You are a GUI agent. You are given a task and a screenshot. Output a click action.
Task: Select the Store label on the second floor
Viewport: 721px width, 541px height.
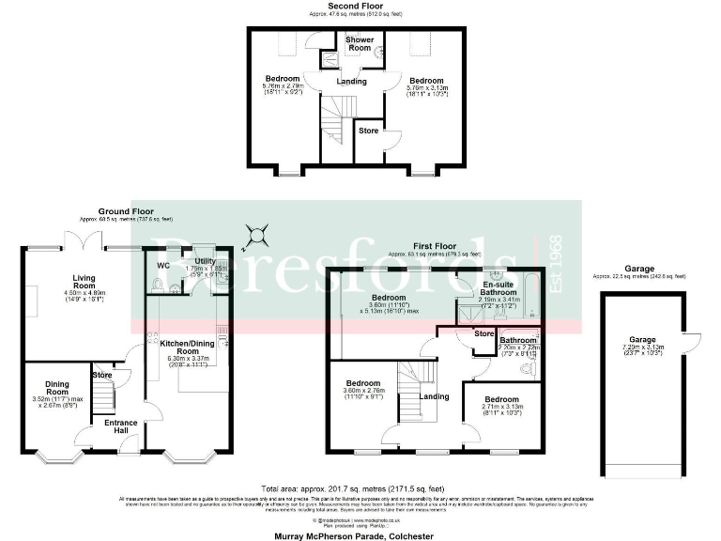point(369,131)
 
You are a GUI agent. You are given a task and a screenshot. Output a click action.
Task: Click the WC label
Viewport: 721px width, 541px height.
point(162,266)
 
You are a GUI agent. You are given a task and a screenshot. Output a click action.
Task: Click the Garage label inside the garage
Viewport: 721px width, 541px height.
point(641,340)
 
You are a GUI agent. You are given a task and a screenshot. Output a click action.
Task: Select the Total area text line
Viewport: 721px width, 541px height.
point(360,489)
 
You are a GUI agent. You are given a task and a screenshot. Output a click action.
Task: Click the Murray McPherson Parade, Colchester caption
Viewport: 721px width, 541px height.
point(360,533)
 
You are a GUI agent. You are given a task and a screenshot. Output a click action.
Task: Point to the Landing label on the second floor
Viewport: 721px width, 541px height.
point(352,81)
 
